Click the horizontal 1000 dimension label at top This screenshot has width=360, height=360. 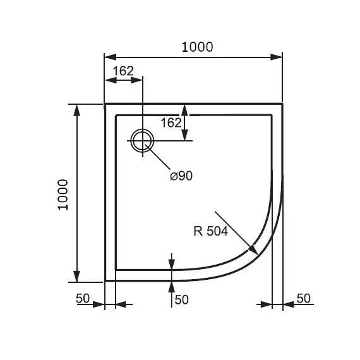(x=197, y=47)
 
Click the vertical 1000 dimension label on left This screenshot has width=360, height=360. (x=63, y=195)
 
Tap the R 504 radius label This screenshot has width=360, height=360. (x=211, y=231)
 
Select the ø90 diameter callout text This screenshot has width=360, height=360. (x=181, y=176)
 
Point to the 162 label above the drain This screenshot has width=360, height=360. (x=123, y=71)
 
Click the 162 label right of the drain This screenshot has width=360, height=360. (x=171, y=123)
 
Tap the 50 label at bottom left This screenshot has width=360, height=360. (x=83, y=299)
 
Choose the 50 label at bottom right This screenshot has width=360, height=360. (x=304, y=298)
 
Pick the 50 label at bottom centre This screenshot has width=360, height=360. (x=182, y=299)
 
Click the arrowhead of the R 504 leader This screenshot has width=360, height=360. (x=253, y=249)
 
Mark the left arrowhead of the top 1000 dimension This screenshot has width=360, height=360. (x=110, y=57)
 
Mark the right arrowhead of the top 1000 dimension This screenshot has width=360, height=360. (x=276, y=57)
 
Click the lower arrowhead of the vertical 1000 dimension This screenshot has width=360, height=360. (x=76, y=276)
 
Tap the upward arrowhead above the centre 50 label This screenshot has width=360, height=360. (x=172, y=287)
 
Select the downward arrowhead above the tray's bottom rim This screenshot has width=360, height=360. (x=172, y=264)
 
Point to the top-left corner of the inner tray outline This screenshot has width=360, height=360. (x=116, y=115)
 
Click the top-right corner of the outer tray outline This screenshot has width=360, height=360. (x=282, y=104)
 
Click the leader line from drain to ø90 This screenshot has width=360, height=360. (x=157, y=157)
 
